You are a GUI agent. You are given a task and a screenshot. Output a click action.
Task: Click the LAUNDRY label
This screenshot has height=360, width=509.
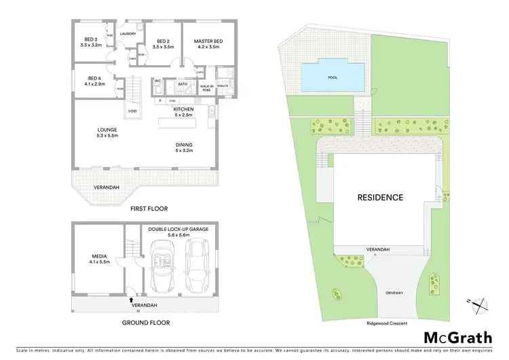pos(128,33)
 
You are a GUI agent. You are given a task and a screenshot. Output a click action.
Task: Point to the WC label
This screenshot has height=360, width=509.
pos(157,81)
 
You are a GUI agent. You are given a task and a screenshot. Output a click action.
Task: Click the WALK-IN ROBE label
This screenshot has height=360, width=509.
pos(206,88)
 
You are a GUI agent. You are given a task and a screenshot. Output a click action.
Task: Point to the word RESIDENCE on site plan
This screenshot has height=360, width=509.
pos(380,198)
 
